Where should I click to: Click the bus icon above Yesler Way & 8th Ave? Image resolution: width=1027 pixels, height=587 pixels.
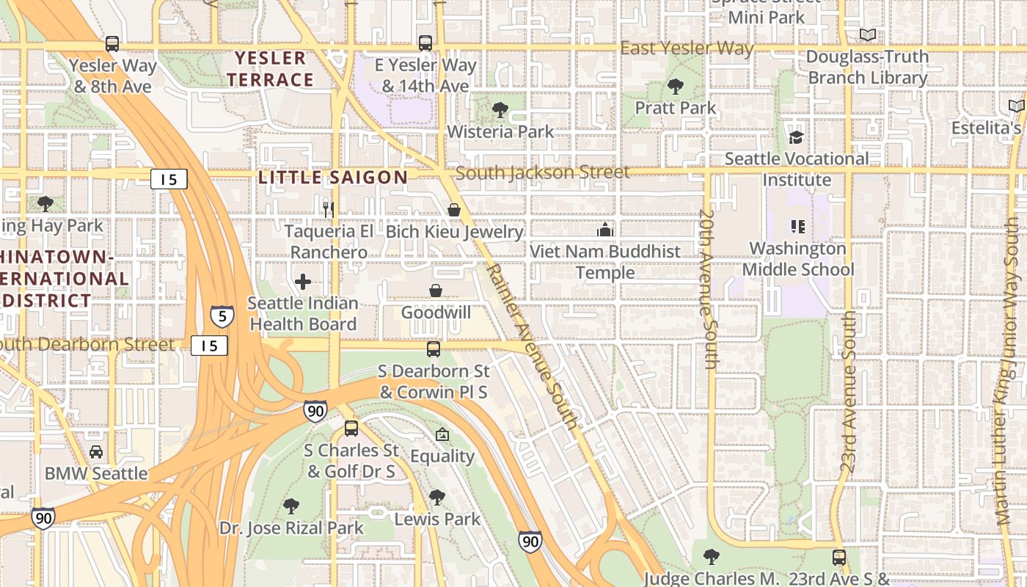tap(112, 43)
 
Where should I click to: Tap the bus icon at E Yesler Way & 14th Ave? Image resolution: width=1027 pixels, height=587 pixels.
tap(425, 43)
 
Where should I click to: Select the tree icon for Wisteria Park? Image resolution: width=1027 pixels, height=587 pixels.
tap(500, 110)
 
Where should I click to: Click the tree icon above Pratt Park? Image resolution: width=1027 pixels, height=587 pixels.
tap(675, 87)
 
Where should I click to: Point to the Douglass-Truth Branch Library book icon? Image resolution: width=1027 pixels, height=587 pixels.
tap(868, 34)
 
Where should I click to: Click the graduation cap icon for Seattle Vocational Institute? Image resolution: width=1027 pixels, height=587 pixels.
tap(796, 137)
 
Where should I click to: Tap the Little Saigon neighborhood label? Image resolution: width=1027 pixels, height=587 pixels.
tap(333, 177)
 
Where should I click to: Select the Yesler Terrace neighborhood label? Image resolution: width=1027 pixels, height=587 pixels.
tap(270, 69)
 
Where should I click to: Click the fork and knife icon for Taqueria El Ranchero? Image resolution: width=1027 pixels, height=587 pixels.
tap(329, 209)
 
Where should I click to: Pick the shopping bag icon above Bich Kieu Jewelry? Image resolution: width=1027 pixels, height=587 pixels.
tap(454, 211)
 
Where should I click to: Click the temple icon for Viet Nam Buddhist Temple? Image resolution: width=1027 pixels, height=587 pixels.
tap(605, 230)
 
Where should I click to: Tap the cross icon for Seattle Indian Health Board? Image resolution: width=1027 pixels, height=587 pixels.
tap(302, 282)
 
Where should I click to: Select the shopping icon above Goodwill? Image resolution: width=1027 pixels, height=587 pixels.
tap(436, 291)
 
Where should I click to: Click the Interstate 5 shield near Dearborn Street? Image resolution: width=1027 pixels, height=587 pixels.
tap(222, 316)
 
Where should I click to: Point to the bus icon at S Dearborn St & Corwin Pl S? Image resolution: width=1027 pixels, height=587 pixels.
tap(434, 349)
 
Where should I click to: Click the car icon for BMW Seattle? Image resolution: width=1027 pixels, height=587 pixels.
tap(96, 452)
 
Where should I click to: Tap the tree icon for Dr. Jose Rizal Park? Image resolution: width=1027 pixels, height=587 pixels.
tap(291, 506)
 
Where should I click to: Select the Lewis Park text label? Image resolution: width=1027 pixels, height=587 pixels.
tap(437, 519)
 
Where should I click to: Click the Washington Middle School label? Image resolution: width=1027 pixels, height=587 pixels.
tap(798, 259)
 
